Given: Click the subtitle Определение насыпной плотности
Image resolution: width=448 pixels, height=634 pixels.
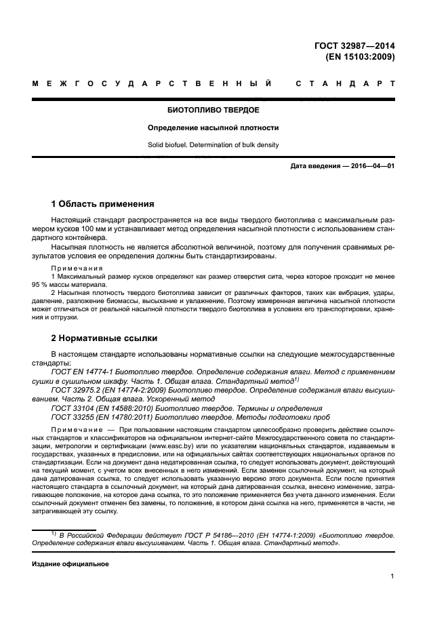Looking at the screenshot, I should (213, 127).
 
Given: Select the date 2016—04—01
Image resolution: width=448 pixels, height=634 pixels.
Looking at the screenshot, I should (372, 166).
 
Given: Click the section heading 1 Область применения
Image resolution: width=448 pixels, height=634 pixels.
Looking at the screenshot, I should (103, 204).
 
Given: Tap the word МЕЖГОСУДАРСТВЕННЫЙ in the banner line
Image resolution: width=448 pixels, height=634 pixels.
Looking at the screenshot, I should (152, 85).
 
